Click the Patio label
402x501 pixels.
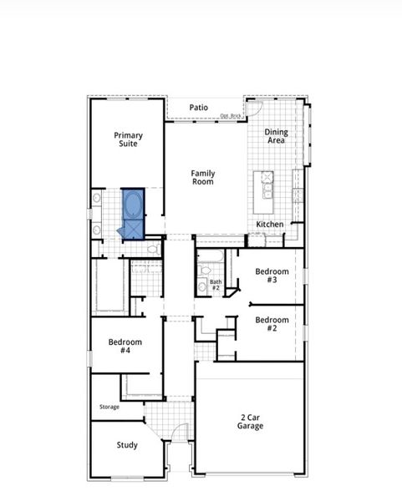(x=198, y=107)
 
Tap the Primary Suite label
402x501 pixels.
(x=128, y=139)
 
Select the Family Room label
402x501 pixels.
(x=203, y=177)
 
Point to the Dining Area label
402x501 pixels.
(x=276, y=136)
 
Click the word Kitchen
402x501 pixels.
(x=269, y=225)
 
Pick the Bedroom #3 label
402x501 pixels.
(x=272, y=276)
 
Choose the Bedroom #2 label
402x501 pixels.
(x=272, y=324)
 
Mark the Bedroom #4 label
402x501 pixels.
(x=125, y=346)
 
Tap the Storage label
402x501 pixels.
(x=109, y=407)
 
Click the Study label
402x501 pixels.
(x=127, y=445)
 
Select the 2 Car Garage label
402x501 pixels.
(x=250, y=421)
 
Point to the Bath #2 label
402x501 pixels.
(x=216, y=285)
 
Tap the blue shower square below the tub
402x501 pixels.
(x=132, y=230)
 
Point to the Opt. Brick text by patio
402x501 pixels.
(x=230, y=116)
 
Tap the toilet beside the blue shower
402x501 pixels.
(x=153, y=249)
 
